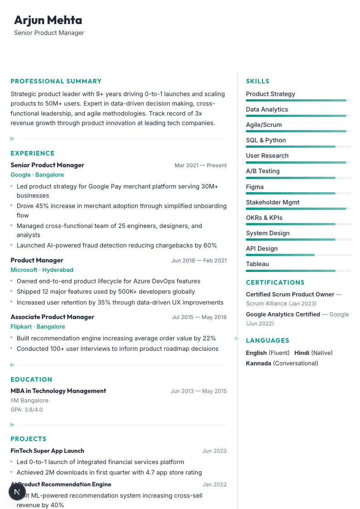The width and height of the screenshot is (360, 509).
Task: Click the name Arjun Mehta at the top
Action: (x=48, y=20)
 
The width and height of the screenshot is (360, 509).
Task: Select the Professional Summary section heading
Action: (x=56, y=81)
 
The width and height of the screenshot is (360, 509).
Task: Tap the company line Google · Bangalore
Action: (x=37, y=175)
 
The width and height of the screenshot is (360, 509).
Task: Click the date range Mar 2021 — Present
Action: (x=200, y=165)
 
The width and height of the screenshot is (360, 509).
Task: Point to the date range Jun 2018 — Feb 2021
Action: (x=199, y=261)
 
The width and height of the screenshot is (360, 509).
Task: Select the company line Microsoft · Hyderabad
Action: (x=42, y=270)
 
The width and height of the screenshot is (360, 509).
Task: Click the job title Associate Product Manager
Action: (x=52, y=317)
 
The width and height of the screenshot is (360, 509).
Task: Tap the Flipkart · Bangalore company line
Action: (x=38, y=326)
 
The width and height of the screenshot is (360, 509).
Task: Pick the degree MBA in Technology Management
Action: (x=58, y=391)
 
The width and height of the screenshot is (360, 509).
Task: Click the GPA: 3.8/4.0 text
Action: (x=26, y=410)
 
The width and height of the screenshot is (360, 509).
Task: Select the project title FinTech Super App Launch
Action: (x=47, y=451)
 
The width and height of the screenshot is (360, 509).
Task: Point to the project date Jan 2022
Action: (x=214, y=485)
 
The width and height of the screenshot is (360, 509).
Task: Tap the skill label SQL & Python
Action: (x=266, y=140)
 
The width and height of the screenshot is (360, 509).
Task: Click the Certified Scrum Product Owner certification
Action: (x=290, y=294)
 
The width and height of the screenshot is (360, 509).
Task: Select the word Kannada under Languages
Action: (x=258, y=363)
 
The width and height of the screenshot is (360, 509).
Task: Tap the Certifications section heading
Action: (x=275, y=282)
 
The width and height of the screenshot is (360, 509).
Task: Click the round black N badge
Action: (x=17, y=491)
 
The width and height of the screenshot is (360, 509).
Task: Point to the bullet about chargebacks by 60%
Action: (x=117, y=245)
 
